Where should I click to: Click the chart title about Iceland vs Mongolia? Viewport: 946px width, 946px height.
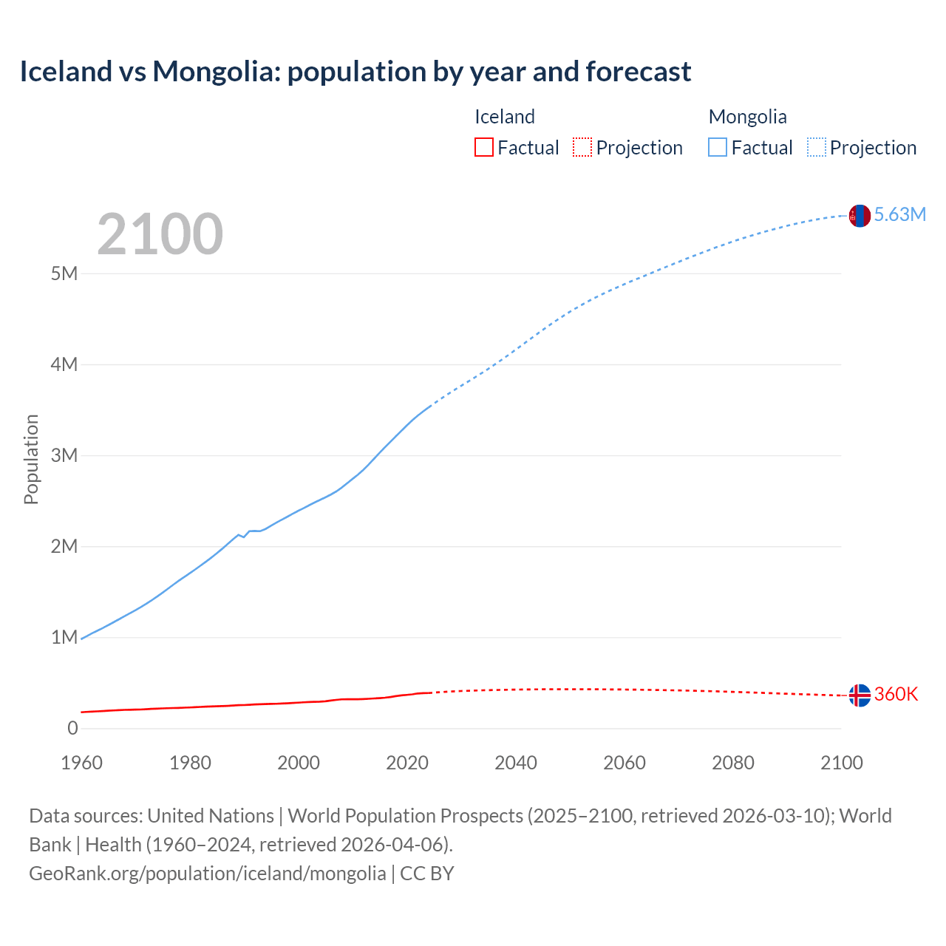[355, 72]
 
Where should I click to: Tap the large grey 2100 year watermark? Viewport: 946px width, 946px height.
[160, 234]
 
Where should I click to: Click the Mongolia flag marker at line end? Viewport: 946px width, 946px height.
[859, 216]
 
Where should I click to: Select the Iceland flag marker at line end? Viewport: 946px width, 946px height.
[859, 695]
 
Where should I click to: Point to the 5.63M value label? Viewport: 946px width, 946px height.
[899, 215]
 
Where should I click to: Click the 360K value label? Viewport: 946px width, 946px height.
[896, 694]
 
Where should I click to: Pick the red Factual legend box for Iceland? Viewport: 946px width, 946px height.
[484, 147]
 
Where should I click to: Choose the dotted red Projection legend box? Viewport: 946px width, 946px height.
[582, 147]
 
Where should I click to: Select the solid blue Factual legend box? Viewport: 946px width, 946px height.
[718, 147]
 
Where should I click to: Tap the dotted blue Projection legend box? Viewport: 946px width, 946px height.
[817, 147]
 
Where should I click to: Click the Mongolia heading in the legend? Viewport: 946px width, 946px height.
[747, 117]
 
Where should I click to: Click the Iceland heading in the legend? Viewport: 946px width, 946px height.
[504, 117]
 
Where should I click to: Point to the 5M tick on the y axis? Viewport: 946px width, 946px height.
[64, 273]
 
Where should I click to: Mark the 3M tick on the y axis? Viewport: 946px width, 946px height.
[64, 455]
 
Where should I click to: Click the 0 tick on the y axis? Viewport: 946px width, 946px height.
[72, 728]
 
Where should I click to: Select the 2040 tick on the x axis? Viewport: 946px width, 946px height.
[515, 763]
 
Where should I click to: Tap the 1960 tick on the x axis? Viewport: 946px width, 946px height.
[81, 763]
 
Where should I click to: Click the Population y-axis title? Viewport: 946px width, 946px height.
[31, 459]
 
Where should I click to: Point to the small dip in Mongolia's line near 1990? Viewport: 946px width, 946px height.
[244, 537]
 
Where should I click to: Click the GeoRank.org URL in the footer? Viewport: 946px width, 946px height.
[207, 874]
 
